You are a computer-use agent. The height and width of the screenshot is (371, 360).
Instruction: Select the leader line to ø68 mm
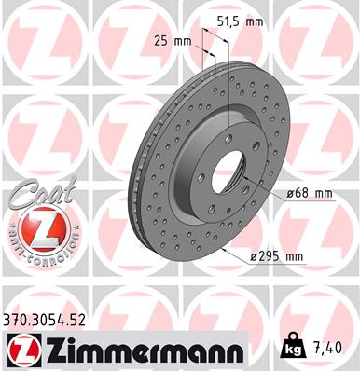266,194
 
